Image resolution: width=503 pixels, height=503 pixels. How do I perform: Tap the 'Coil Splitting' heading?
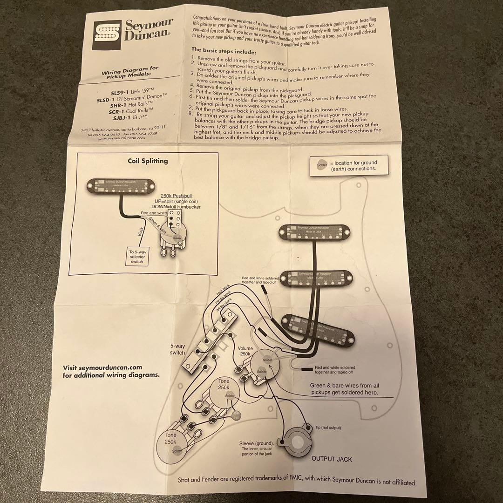pos(148,161)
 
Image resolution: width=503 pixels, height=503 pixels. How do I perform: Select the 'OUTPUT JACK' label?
pos(332,459)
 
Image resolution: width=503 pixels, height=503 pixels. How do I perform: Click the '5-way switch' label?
pos(177,349)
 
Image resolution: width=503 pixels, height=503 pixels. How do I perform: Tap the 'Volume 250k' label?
pos(245,352)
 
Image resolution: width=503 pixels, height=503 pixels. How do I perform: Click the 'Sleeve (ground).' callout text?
pos(256,443)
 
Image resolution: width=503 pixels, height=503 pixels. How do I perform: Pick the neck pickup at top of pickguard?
pos(315,232)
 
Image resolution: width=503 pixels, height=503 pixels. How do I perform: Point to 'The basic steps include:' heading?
pos(224,50)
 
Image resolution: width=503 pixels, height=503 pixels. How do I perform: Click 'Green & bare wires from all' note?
pos(345,386)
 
